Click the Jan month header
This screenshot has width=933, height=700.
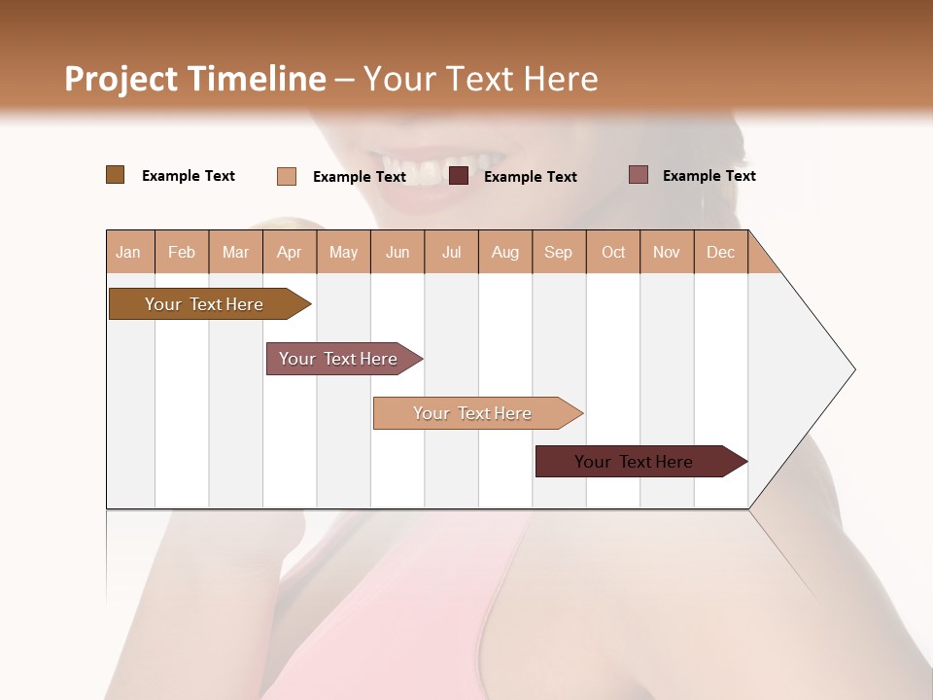(128, 253)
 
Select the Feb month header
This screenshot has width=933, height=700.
(182, 253)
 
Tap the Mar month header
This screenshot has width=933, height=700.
(235, 253)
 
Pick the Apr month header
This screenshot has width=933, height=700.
(289, 253)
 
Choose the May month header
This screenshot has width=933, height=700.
(343, 253)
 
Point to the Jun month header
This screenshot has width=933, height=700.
(397, 253)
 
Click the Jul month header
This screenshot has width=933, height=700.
(451, 253)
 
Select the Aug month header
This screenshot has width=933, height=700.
(504, 253)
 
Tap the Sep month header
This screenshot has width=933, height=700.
(558, 253)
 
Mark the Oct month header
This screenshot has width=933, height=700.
(613, 253)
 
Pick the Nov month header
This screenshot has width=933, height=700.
(666, 253)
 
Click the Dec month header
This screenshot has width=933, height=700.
(720, 253)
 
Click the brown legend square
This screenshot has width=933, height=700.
(115, 175)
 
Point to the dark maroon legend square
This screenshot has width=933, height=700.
(459, 176)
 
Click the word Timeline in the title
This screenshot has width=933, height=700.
(258, 79)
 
